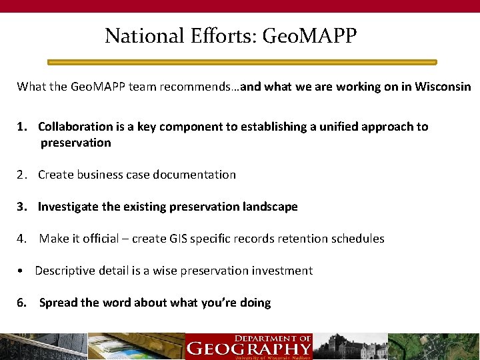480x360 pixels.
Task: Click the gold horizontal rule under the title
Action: click(242, 62)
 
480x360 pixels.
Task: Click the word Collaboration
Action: click(75, 127)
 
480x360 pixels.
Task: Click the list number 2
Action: click(22, 175)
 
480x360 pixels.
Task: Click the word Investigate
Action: click(68, 207)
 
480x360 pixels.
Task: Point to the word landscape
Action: click(269, 207)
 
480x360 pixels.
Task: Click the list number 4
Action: click(22, 239)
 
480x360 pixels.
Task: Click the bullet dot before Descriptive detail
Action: click(22, 271)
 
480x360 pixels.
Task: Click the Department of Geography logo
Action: click(249, 347)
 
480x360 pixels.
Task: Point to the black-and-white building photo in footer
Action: click(350, 347)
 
